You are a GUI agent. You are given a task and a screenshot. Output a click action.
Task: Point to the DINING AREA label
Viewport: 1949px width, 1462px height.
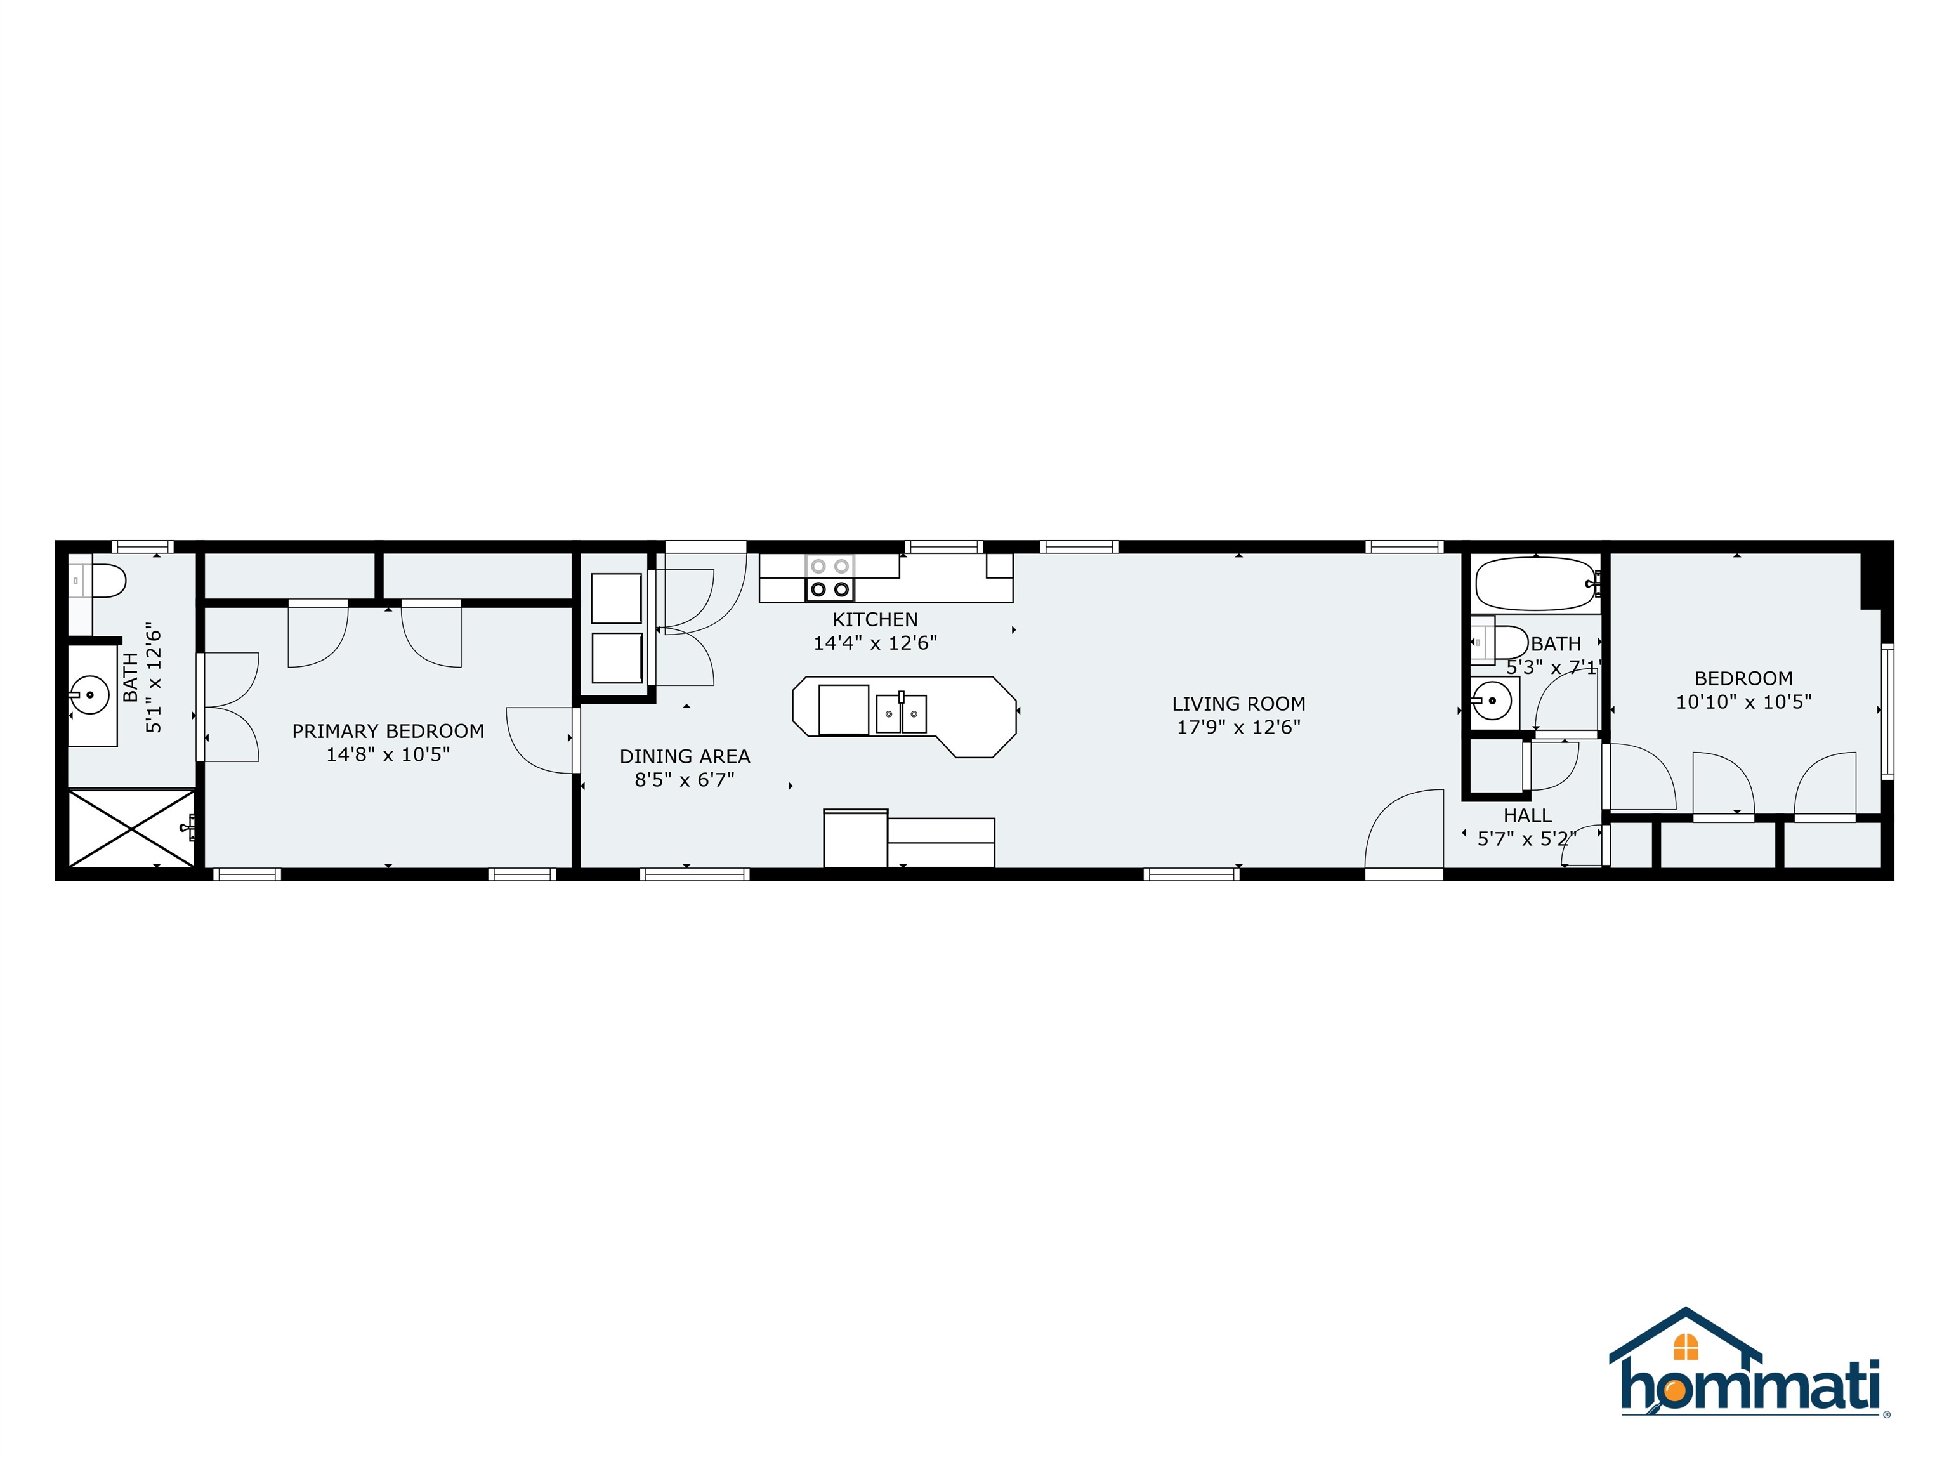(x=685, y=756)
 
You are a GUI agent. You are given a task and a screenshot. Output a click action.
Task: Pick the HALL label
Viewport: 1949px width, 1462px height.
(x=1527, y=815)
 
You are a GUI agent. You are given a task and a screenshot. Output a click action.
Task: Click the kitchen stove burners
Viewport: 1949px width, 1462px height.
(x=830, y=578)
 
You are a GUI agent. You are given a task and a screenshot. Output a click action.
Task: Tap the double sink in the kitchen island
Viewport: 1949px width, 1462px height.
(x=900, y=713)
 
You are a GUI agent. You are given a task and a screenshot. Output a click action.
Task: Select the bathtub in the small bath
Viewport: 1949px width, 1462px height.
(x=1534, y=583)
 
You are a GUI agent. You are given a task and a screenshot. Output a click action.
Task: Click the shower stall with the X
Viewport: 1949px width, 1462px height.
(x=131, y=828)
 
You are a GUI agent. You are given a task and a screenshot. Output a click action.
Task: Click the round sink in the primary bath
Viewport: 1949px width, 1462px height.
(x=90, y=694)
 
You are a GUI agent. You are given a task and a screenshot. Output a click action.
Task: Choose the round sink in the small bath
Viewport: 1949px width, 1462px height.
(x=1492, y=701)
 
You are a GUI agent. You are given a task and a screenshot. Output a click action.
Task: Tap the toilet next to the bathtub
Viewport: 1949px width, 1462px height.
(x=1509, y=642)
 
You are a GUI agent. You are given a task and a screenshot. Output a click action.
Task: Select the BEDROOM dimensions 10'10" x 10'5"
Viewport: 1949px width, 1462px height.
(x=1743, y=701)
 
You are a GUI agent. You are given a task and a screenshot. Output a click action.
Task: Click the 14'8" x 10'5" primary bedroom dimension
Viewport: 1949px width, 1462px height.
(x=388, y=754)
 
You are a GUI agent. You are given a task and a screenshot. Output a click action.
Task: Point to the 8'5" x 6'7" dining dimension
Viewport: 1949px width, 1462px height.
(x=685, y=780)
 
